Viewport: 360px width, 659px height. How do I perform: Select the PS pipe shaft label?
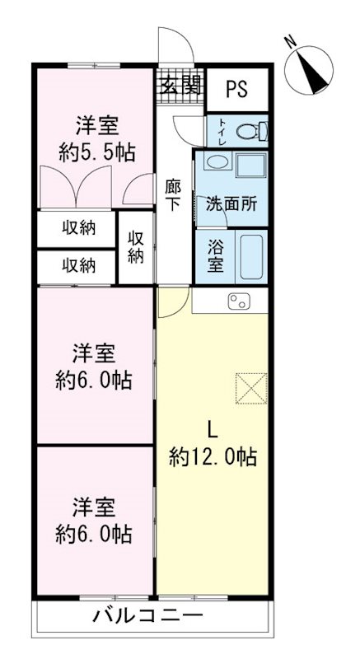[237, 89]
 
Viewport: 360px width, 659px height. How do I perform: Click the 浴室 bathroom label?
[214, 255]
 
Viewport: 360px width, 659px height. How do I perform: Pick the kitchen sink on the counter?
[239, 301]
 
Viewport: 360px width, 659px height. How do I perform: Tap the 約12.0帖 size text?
[213, 456]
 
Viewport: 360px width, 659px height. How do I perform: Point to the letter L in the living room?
[211, 428]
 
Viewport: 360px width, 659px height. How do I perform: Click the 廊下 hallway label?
[172, 196]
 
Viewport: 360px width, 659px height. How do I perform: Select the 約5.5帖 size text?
[96, 152]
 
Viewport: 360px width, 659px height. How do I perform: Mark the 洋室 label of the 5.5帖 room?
[96, 126]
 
